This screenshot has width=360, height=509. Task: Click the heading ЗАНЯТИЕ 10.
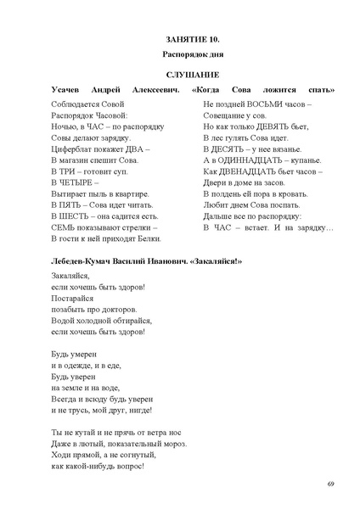tap(180, 40)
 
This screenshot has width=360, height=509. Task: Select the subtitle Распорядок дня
tap(180, 55)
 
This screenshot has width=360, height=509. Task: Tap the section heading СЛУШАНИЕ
tap(180, 75)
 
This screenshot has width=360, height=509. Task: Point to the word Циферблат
tap(74, 148)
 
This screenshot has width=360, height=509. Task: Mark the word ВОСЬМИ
tap(267, 102)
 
